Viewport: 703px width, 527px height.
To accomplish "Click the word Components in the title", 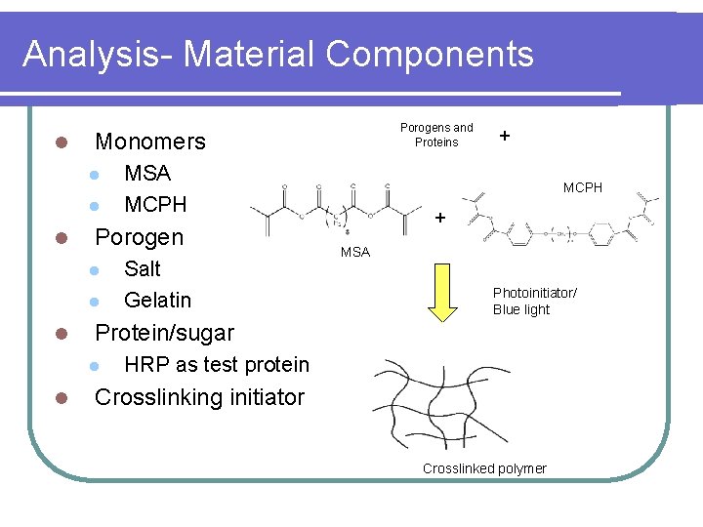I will pos(430,54).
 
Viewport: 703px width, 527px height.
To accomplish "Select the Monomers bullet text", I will pos(149,142).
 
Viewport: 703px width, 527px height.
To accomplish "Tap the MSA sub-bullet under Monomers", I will pos(147,174).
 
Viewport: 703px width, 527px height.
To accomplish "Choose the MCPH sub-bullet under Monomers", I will pos(155,205).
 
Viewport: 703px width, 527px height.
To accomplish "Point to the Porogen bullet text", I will pos(139,237).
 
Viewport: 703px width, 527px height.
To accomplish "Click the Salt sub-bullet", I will pos(143,268).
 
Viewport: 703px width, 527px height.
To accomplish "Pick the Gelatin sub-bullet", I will pos(157,300).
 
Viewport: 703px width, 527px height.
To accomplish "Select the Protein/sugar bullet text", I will pos(164,333).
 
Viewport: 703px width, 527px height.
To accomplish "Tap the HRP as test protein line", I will pos(217,365).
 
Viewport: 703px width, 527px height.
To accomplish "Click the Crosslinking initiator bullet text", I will pos(199,397).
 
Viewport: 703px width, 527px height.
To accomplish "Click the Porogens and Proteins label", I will pos(436,135).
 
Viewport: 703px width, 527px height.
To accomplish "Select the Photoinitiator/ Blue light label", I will pos(534,302).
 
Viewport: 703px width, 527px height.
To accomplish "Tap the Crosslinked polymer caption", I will pos(484,468).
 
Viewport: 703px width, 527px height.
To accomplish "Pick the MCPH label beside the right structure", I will pos(583,187).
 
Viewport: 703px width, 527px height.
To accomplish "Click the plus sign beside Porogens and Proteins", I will pos(504,136).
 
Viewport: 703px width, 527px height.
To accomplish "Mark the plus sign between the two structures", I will pos(439,218).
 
